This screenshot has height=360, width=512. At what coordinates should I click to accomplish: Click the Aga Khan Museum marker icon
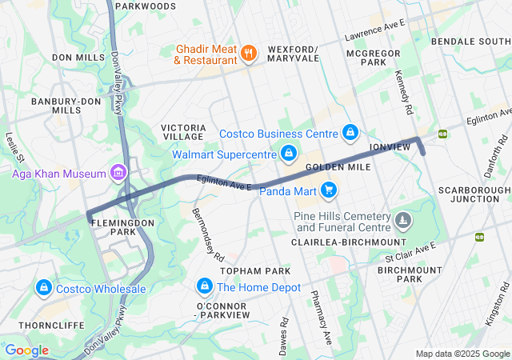[x=119, y=173]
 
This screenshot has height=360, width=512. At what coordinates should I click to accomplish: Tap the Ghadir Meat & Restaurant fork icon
[x=249, y=54]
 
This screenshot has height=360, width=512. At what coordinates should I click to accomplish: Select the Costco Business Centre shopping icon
[x=350, y=131]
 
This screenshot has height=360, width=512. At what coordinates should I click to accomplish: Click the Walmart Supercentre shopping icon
[x=289, y=152]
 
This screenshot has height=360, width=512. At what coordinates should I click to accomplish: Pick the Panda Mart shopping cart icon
[x=328, y=190]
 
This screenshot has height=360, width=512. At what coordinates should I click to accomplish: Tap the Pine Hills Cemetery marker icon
[x=403, y=218]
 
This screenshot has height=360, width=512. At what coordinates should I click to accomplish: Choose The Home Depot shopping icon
[x=205, y=286]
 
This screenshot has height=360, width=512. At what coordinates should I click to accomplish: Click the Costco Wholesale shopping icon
[x=43, y=287]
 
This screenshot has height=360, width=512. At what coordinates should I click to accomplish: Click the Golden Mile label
[x=337, y=167]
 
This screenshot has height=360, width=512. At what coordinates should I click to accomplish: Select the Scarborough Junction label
[x=474, y=194]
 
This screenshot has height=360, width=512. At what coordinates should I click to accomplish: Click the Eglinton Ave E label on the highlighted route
[x=226, y=185]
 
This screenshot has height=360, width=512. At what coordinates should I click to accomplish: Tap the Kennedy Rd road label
[x=403, y=90]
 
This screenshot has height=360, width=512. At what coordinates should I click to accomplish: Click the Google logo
[x=26, y=350]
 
